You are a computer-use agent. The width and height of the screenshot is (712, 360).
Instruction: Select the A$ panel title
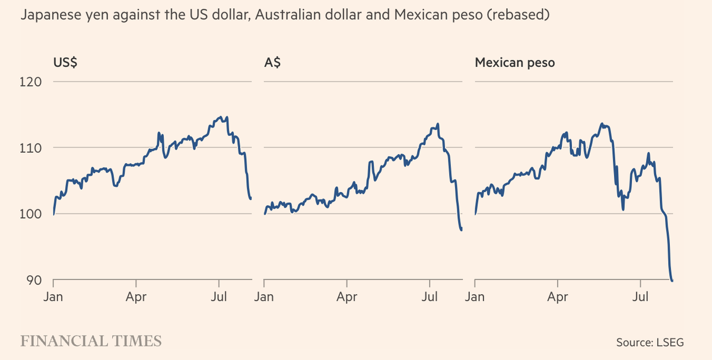[x=273, y=63]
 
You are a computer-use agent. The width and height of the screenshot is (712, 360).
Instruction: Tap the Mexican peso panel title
[x=515, y=63]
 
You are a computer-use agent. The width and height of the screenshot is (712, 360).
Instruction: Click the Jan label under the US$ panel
[x=53, y=297]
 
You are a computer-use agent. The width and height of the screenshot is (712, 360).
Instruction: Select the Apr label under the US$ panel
[x=136, y=297]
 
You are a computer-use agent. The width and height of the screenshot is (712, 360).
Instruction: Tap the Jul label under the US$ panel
[x=220, y=297]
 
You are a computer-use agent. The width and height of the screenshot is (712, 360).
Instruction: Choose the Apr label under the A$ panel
[x=347, y=297]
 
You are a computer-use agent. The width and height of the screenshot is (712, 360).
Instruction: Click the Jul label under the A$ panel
[x=430, y=297]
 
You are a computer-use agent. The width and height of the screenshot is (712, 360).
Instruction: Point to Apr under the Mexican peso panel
[x=558, y=297]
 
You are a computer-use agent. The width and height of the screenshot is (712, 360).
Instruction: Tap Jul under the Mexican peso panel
[x=641, y=297]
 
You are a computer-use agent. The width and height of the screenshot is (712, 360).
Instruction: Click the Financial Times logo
[x=91, y=341]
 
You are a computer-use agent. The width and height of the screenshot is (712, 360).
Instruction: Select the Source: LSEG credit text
[x=650, y=342]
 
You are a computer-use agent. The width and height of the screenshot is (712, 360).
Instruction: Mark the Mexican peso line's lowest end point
[x=672, y=281]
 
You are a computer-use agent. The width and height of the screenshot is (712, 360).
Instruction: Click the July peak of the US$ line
[x=221, y=117]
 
